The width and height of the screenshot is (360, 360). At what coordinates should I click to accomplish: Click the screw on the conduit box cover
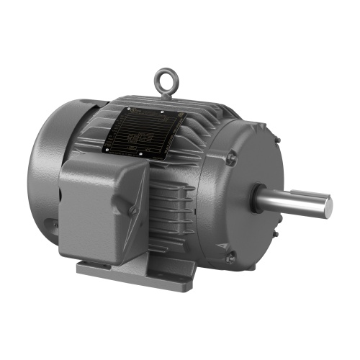pos(133,210)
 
